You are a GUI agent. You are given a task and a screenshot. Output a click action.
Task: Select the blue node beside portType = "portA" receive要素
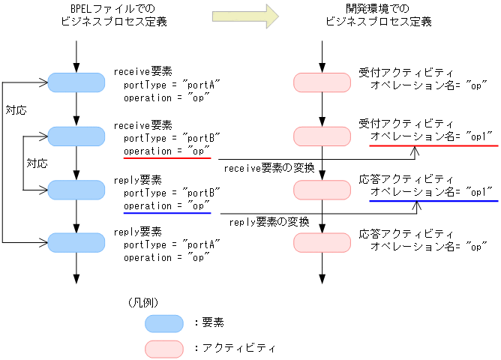pyautogui.click(x=76, y=82)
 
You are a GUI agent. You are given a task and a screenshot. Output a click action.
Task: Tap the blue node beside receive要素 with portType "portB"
pyautogui.click(x=76, y=136)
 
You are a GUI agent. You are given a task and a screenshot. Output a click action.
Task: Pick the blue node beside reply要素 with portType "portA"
pyautogui.click(x=76, y=241)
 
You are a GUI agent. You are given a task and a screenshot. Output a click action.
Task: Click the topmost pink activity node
pyautogui.click(x=321, y=82)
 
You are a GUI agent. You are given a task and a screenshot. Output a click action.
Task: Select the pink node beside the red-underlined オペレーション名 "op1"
pyautogui.click(x=321, y=136)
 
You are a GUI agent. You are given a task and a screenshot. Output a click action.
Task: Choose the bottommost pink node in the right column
pyautogui.click(x=321, y=241)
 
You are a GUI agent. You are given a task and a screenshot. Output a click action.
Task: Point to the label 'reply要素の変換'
pyautogui.click(x=268, y=222)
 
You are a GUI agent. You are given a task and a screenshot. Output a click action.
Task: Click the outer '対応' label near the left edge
pyautogui.click(x=16, y=110)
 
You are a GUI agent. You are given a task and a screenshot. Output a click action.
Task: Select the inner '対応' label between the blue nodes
pyautogui.click(x=37, y=162)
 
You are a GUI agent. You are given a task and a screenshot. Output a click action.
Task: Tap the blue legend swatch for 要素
pyautogui.click(x=163, y=322)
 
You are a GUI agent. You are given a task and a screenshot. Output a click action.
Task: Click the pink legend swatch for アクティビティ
pyautogui.click(x=163, y=348)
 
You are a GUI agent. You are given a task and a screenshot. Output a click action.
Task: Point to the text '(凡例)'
pyautogui.click(x=142, y=302)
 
